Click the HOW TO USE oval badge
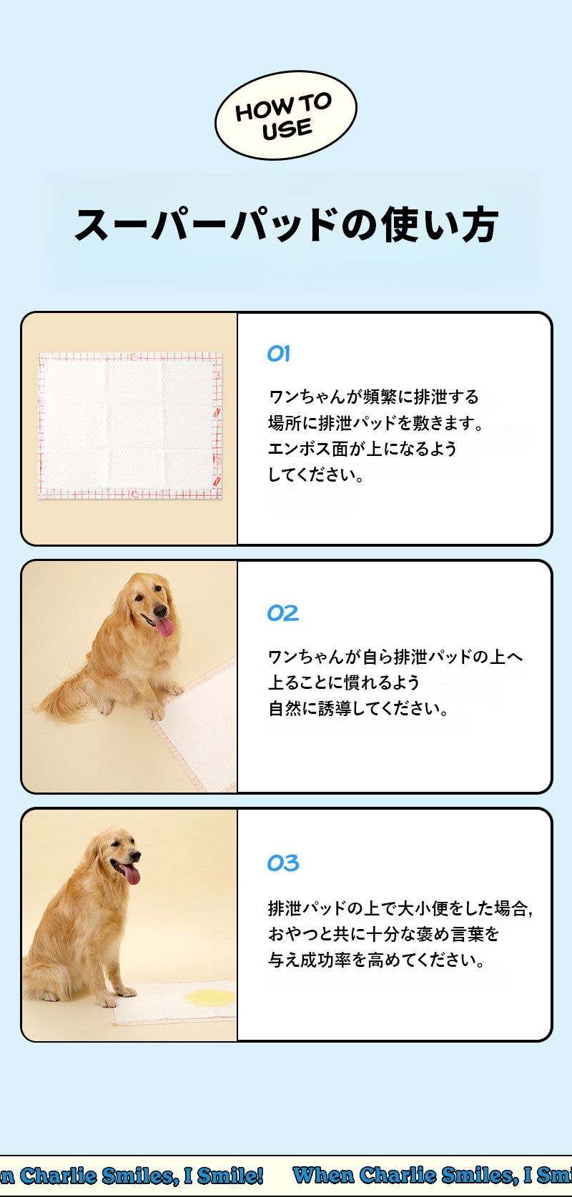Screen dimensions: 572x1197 (286, 115)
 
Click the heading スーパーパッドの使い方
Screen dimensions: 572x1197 (287, 225)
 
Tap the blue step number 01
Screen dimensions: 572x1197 (279, 353)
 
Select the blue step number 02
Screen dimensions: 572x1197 (283, 613)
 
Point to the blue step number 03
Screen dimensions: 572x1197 (283, 863)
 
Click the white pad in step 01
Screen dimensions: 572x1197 (130, 426)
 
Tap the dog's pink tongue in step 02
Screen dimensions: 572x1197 (164, 627)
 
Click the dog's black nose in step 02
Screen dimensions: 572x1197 (160, 610)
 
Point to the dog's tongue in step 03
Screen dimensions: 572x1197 (132, 875)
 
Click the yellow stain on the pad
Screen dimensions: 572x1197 (211, 997)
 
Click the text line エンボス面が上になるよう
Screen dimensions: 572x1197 (362, 449)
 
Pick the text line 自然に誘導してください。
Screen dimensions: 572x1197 (358, 709)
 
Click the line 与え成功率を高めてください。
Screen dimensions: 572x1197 (376, 960)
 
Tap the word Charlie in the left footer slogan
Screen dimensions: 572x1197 (59, 1176)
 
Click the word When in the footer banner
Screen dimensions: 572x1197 (323, 1175)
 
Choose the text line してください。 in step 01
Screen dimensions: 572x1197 (315, 475)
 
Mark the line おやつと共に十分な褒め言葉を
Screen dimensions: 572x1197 (383, 934)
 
